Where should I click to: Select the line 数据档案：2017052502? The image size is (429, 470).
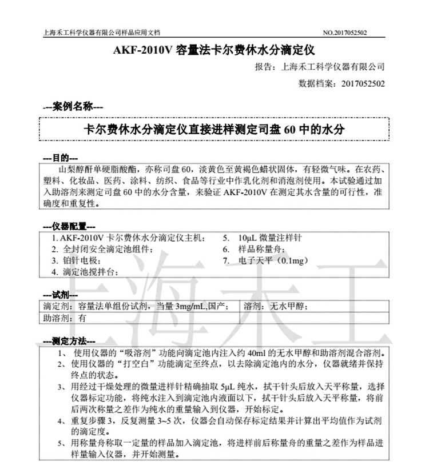point(341,83)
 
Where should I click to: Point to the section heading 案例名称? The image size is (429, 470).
point(73,106)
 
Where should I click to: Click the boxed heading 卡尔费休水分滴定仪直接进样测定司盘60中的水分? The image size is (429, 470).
point(214,129)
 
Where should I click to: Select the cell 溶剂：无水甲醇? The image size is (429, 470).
point(275,307)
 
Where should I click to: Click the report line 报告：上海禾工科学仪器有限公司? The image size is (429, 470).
point(319,67)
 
